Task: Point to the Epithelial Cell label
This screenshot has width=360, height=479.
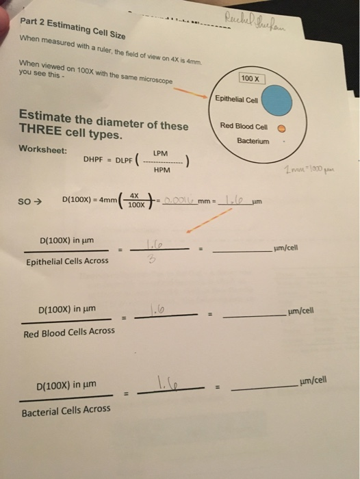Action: click(x=235, y=99)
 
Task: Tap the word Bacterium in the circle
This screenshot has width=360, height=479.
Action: click(x=253, y=140)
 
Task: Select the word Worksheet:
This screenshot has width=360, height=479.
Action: click(x=43, y=150)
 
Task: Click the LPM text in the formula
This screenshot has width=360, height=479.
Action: click(x=161, y=153)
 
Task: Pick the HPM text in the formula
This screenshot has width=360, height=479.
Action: click(x=162, y=170)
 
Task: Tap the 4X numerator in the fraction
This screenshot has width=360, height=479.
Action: click(x=138, y=196)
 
